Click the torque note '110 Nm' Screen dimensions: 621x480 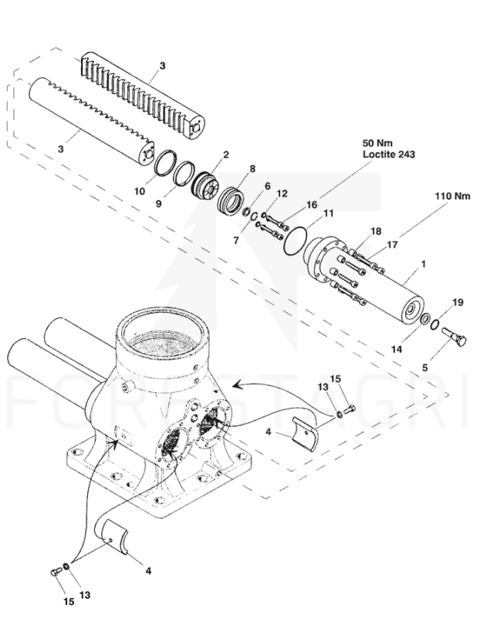[451, 196]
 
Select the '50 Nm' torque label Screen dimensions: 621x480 [377, 144]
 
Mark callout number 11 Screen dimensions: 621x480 [328, 213]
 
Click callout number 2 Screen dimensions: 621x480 [225, 154]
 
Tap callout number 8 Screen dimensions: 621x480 [252, 169]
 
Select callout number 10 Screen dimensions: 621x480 [140, 190]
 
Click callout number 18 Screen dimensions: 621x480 [376, 232]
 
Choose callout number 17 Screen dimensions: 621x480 [392, 246]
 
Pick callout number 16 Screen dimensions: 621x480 [313, 205]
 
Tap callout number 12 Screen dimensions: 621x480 [282, 193]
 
